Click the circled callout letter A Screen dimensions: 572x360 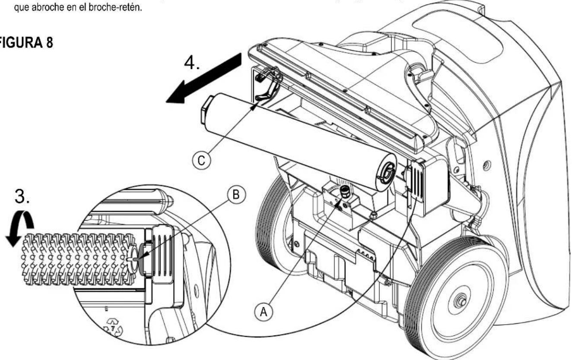pyautogui.click(x=263, y=312)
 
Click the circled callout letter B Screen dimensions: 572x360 pyautogui.click(x=236, y=195)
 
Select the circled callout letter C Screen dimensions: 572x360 pyautogui.click(x=201, y=161)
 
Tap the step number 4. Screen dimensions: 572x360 pyautogui.click(x=192, y=63)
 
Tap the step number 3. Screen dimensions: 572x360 pyautogui.click(x=22, y=196)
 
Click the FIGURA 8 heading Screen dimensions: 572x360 pyautogui.click(x=26, y=42)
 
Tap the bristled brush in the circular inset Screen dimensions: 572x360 pyautogui.click(x=78, y=259)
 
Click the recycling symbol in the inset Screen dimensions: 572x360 pyautogui.click(x=113, y=328)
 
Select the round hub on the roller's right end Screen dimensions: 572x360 pyautogui.click(x=386, y=173)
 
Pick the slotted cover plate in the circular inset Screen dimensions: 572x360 pyautogui.click(x=163, y=255)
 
